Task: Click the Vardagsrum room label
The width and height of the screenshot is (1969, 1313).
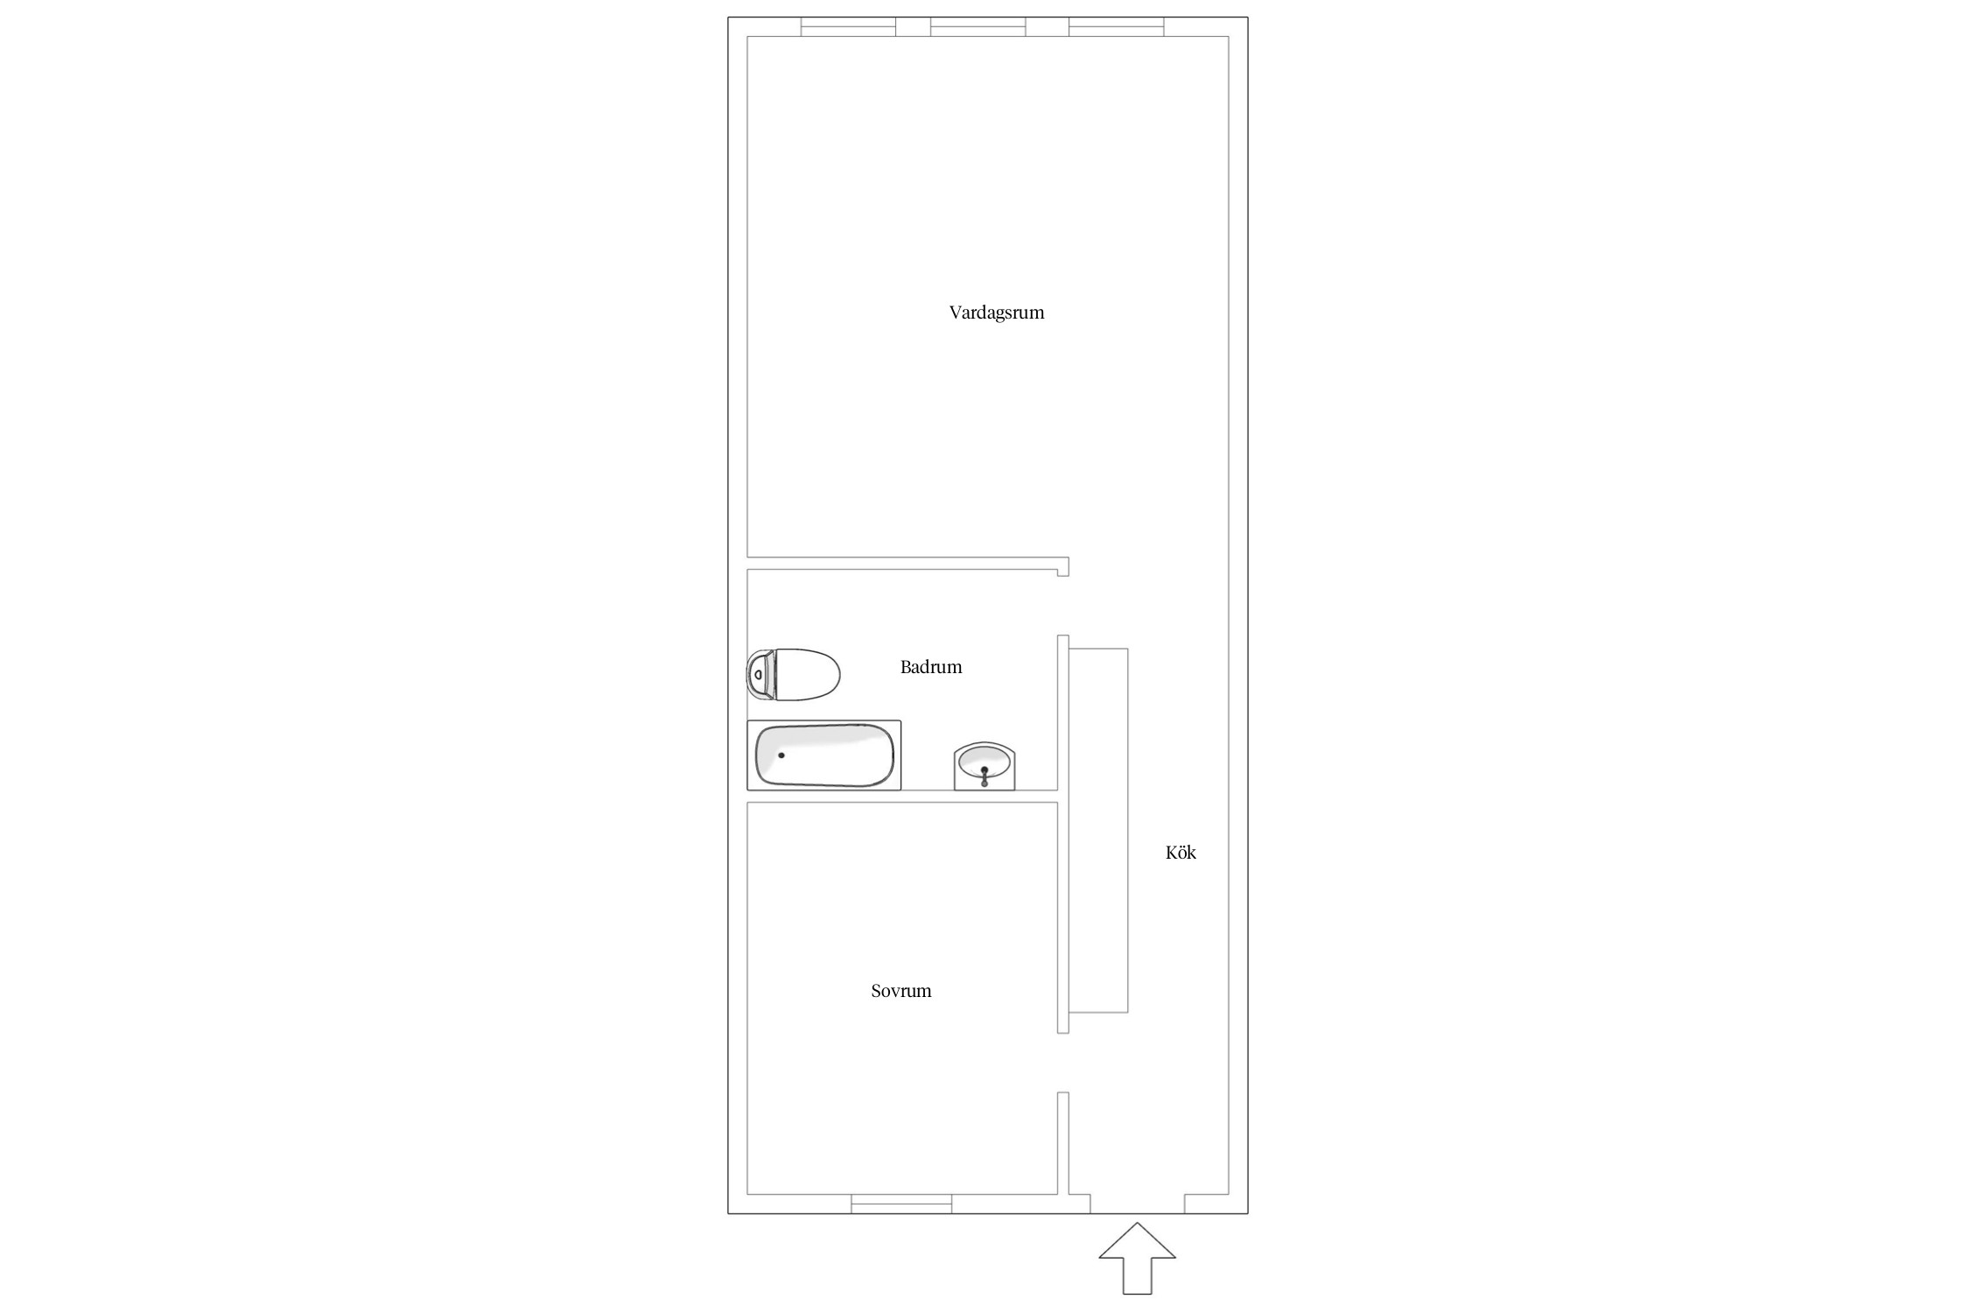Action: click(x=997, y=312)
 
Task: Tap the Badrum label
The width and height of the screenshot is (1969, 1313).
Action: click(x=931, y=667)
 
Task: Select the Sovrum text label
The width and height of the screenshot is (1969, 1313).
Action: click(x=901, y=991)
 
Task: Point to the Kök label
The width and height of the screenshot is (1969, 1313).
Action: click(x=1181, y=853)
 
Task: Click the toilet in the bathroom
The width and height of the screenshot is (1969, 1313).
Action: click(x=794, y=675)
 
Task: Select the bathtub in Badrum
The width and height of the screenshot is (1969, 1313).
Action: click(x=823, y=755)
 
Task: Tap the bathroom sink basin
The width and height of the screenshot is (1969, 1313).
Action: click(x=984, y=766)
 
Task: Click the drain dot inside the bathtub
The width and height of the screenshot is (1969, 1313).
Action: click(x=781, y=755)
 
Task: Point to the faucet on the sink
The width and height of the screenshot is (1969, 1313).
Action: click(x=984, y=776)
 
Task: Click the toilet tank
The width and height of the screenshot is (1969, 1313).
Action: click(x=761, y=675)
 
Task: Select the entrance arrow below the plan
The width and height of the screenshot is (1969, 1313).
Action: click(x=1137, y=1258)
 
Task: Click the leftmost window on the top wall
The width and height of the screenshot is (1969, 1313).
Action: click(x=849, y=26)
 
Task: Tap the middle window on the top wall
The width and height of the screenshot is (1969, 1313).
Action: click(x=977, y=26)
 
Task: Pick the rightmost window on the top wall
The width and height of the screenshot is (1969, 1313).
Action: click(x=1117, y=26)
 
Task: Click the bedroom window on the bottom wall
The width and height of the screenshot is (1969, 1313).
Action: click(x=901, y=1204)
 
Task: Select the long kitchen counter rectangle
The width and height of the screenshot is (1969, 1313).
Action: click(x=1098, y=831)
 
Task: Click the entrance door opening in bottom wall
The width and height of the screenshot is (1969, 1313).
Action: click(x=1138, y=1204)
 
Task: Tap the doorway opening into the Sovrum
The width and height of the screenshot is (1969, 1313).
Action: click(x=1063, y=1063)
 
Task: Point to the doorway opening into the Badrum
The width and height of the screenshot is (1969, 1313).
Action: click(x=1063, y=606)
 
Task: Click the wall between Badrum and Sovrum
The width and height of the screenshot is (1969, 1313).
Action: click(x=902, y=797)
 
